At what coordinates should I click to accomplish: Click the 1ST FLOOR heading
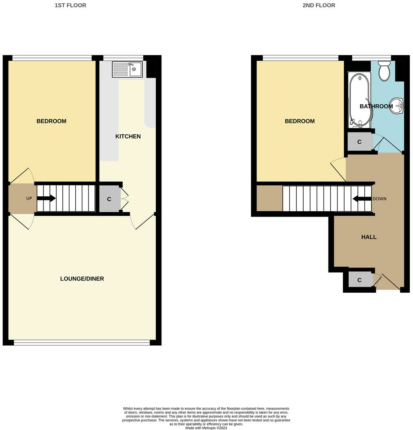pos(70,5)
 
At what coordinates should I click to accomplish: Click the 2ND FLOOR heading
pos(319,5)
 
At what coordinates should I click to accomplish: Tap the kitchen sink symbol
pos(127,69)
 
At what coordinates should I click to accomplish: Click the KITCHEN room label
pos(128,136)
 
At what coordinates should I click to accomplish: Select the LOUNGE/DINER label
pos(82,279)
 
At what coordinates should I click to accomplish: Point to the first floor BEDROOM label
pos(51,121)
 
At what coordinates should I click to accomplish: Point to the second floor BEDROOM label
pos(300,121)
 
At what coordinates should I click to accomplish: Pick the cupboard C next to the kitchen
pos(109,200)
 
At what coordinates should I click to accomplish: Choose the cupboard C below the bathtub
pos(359,142)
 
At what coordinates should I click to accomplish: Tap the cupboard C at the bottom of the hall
pos(359,280)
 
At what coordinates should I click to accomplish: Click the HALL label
pos(369,237)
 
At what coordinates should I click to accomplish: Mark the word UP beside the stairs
pos(29,198)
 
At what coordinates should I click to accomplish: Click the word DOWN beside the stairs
pos(379,199)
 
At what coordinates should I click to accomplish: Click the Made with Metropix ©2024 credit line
pos(206,428)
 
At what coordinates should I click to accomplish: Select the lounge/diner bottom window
pos(82,343)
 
